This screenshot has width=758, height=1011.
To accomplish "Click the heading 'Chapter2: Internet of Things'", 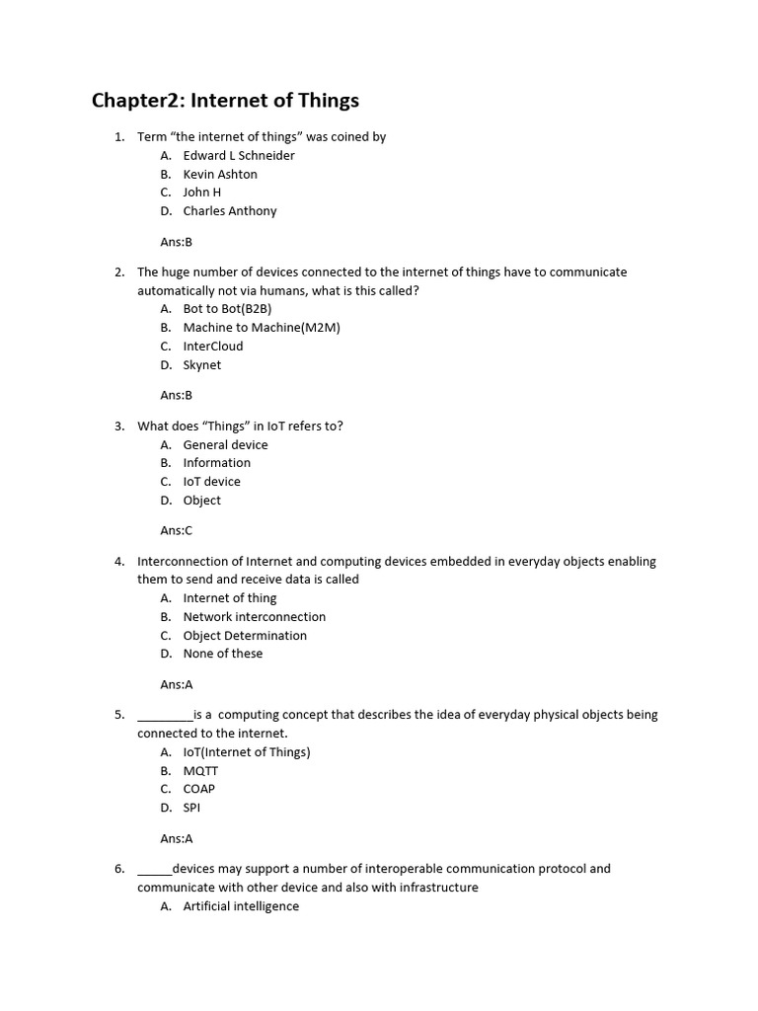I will pyautogui.click(x=225, y=101).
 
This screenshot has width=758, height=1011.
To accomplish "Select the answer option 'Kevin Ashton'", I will pyautogui.click(x=220, y=175).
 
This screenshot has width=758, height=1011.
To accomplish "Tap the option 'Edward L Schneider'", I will pyautogui.click(x=239, y=156).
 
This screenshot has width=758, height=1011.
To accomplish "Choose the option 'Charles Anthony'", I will pyautogui.click(x=230, y=211).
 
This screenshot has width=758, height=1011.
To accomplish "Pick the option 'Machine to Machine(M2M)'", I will pyautogui.click(x=262, y=328).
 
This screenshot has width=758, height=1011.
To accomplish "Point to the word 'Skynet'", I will pyautogui.click(x=202, y=365).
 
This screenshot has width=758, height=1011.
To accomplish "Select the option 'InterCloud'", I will pyautogui.click(x=213, y=347).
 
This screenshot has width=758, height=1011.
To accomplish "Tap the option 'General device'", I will pyautogui.click(x=225, y=445).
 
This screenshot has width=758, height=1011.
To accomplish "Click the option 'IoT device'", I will pyautogui.click(x=211, y=482).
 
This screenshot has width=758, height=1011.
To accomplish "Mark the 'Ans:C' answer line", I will pyautogui.click(x=177, y=530).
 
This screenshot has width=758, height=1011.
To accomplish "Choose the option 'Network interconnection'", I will pyautogui.click(x=255, y=617).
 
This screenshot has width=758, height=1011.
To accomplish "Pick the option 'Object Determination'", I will pyautogui.click(x=245, y=636).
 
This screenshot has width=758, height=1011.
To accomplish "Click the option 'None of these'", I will pyautogui.click(x=223, y=654).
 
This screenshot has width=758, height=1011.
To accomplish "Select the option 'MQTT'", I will pyautogui.click(x=200, y=771).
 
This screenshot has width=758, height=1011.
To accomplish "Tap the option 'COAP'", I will pyautogui.click(x=198, y=789).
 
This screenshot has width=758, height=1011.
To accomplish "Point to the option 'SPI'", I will pyautogui.click(x=191, y=808).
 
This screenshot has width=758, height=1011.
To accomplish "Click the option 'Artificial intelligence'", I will pyautogui.click(x=241, y=906).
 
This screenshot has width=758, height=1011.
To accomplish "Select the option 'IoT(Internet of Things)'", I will pyautogui.click(x=247, y=752).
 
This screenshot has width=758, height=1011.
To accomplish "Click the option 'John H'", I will pyautogui.click(x=202, y=193).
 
